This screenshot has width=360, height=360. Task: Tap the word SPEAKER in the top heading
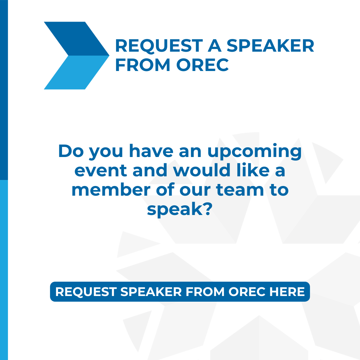[x=270, y=46]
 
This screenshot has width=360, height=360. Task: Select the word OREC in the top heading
[x=202, y=65]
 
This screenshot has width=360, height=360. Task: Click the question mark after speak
[x=207, y=209]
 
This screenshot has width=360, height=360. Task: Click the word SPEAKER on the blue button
[x=151, y=292]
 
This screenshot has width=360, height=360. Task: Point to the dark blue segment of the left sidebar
[x=4, y=90]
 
